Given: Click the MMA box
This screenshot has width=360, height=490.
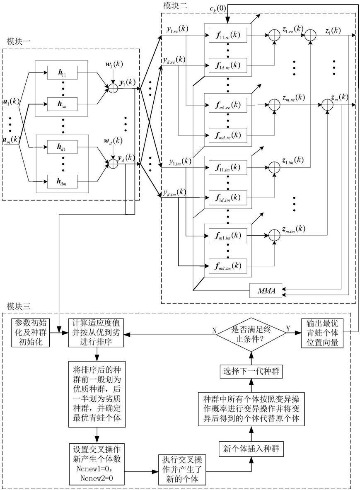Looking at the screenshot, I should pos(265,289).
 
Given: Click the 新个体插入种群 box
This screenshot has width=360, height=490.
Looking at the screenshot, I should pos(251,448).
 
